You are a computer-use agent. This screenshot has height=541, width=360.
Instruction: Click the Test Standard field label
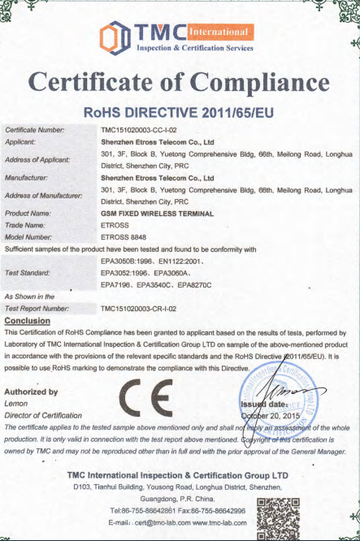(28, 273)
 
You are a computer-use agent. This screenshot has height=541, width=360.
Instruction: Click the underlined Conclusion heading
(28, 320)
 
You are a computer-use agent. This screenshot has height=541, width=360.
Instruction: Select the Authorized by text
(36, 392)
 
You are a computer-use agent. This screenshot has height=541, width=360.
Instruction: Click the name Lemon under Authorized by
(16, 403)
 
